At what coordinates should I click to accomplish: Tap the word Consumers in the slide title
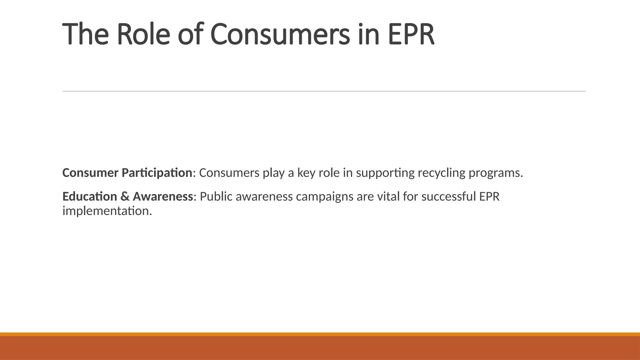(x=280, y=34)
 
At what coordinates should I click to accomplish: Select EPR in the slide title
(x=411, y=34)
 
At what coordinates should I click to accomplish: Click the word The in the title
(x=85, y=34)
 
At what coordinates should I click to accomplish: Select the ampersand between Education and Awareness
(x=125, y=197)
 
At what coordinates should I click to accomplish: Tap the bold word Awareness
(x=162, y=197)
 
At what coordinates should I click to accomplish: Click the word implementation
(x=107, y=211)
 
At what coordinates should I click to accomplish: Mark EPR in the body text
(x=489, y=197)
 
